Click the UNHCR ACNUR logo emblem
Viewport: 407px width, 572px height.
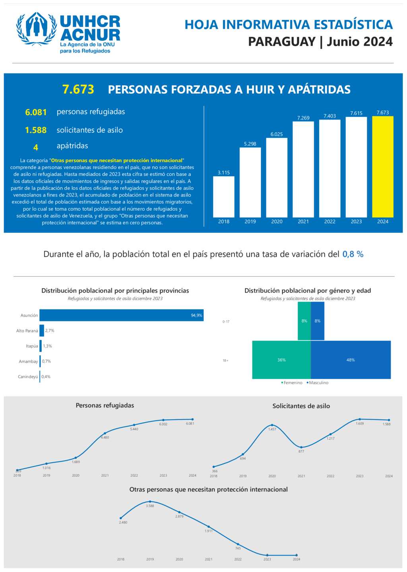coord(36,29)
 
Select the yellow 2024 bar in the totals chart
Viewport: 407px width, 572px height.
coord(383,167)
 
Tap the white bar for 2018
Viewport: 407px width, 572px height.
coord(224,197)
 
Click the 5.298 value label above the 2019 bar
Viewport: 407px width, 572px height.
coord(250,144)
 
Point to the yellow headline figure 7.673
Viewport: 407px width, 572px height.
coord(78,89)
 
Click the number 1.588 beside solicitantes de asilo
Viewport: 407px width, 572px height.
coord(36,130)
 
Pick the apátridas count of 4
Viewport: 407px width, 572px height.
coord(36,147)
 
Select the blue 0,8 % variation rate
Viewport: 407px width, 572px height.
coord(353,254)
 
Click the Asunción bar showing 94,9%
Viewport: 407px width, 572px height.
coord(121,315)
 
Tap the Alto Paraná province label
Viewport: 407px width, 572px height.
coord(27,331)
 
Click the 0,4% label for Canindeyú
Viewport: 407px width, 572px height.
coord(46,377)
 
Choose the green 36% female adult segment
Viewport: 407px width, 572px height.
coord(281,360)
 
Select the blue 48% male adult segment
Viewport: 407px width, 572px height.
coord(351,360)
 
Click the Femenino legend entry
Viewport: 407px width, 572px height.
coord(293,383)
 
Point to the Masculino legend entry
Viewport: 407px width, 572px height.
coord(318,383)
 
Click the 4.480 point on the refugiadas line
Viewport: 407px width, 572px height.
coord(105,433)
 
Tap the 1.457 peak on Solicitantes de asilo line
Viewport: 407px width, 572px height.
coord(272,425)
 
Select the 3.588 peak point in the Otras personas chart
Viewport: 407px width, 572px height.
coord(150,502)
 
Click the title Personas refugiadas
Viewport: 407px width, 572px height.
coord(105,406)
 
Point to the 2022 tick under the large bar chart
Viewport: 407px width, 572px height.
coord(329,222)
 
